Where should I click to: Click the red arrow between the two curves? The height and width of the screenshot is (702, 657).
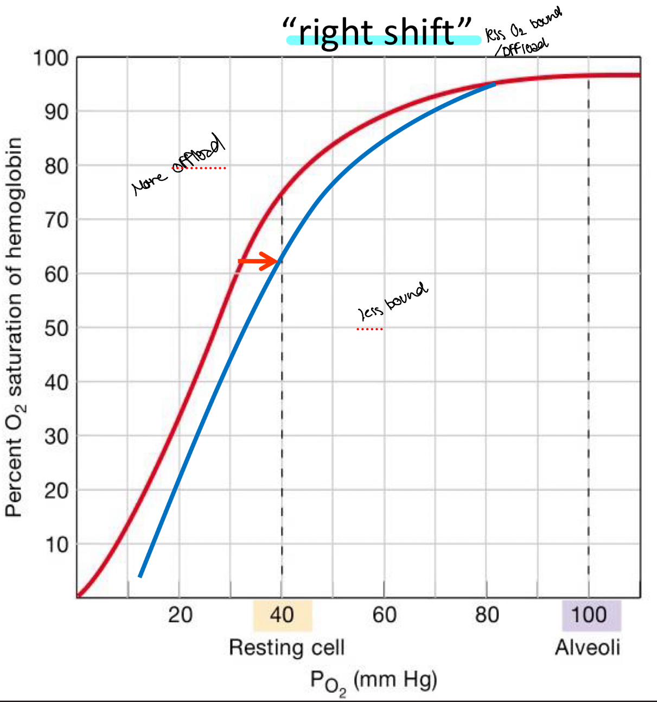tap(258, 261)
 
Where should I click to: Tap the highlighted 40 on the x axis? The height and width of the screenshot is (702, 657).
tap(282, 615)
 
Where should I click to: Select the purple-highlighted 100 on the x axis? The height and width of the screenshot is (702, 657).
tap(590, 615)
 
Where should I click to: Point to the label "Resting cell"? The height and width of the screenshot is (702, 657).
tap(286, 648)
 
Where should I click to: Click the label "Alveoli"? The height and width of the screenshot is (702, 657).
tap(587, 648)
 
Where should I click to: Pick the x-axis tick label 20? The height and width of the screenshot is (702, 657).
tap(180, 615)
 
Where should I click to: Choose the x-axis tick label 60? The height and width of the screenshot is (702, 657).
tap(384, 615)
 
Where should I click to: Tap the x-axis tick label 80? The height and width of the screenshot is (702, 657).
tap(487, 615)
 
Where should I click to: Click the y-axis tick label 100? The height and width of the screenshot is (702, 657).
tap(51, 58)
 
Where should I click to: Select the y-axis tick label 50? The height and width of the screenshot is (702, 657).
tap(56, 328)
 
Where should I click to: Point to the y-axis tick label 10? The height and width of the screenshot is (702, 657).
tap(56, 544)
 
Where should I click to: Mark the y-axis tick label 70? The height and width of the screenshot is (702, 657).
tap(56, 220)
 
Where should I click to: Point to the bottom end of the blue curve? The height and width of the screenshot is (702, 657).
tap(140, 575)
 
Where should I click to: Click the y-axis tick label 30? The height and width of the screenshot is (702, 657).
tap(56, 436)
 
